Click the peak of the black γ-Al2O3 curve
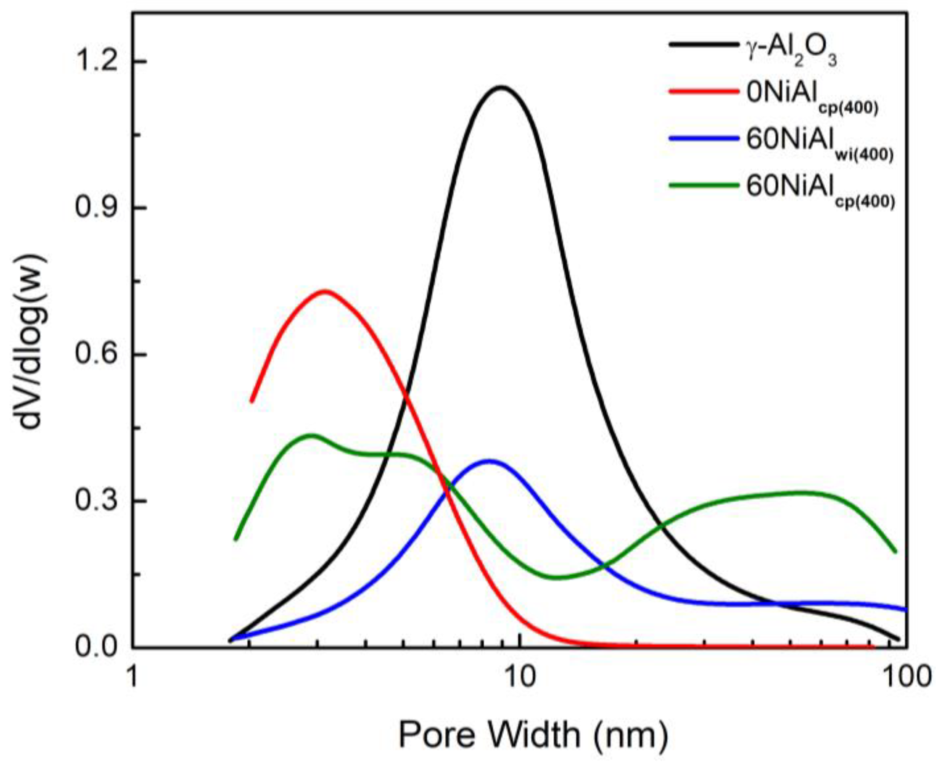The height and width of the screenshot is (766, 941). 501,87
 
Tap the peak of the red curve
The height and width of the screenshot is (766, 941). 325,291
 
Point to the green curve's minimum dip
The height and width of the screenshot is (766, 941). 557,577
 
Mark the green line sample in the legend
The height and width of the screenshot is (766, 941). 704,185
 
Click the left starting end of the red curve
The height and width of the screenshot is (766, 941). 251,401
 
